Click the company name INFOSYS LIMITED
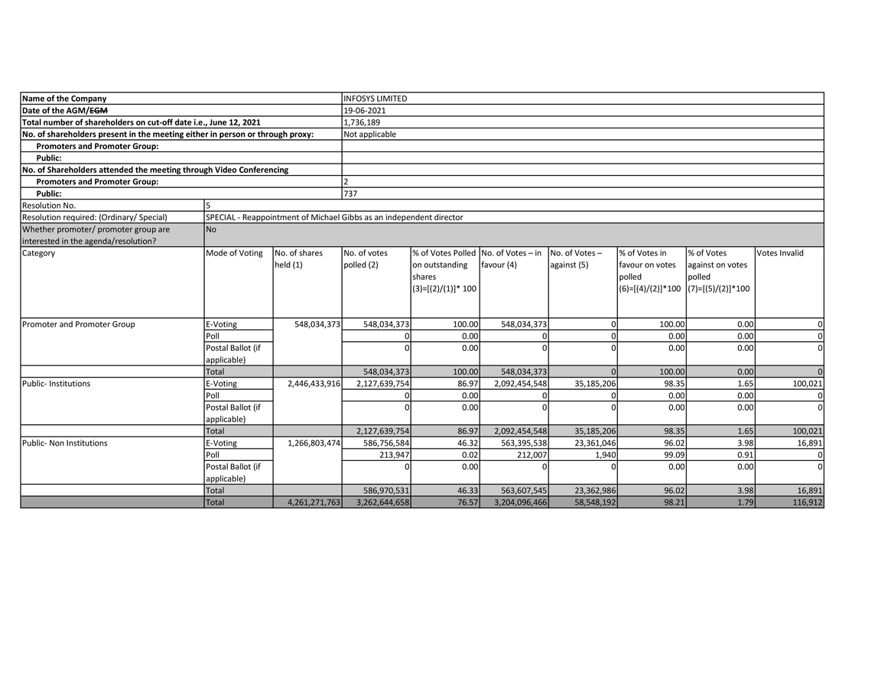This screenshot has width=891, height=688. (x=376, y=99)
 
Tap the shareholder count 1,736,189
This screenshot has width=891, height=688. (x=362, y=122)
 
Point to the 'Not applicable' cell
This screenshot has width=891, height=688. (x=370, y=134)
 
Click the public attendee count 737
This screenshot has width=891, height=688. (x=350, y=193)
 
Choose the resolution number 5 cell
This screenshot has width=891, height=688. (x=209, y=206)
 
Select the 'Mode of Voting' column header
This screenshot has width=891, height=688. (x=234, y=253)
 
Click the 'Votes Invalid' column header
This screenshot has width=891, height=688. (x=779, y=253)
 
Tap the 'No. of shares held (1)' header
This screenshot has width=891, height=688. (x=298, y=259)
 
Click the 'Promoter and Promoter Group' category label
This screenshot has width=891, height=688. (x=78, y=324)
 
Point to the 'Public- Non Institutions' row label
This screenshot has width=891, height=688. (x=64, y=443)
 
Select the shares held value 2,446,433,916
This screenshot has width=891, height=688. (x=314, y=384)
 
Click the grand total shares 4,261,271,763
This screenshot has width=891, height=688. (x=314, y=503)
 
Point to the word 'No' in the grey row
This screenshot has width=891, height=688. (x=211, y=229)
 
